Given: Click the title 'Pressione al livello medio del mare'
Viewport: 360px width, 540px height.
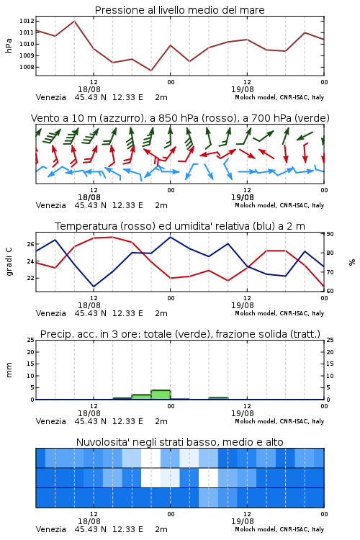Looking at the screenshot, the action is (179, 10).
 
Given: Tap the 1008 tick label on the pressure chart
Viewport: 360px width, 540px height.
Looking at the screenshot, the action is (27, 67).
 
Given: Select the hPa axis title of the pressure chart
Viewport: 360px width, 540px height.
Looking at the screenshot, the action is (9, 45).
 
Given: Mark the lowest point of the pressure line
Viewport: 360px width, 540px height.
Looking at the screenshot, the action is (151, 71).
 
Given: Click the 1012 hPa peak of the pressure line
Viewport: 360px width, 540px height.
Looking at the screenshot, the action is (74, 21).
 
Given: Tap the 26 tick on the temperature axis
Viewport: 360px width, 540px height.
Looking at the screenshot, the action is (30, 244).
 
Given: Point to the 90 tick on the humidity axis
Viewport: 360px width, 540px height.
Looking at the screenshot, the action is (330, 234).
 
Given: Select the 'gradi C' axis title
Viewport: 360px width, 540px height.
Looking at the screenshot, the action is (9, 262).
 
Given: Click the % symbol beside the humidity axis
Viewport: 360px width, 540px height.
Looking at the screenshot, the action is (352, 262).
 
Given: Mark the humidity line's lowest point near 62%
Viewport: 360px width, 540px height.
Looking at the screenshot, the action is (94, 287).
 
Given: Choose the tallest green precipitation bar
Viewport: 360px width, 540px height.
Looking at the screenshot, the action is (161, 395).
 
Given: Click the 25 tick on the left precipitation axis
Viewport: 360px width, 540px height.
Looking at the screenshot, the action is (31, 340).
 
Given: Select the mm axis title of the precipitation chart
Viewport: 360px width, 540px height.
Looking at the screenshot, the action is (9, 370).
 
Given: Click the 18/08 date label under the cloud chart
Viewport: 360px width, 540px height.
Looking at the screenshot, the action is (89, 521).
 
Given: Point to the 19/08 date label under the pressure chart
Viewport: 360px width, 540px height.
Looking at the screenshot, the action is (243, 89).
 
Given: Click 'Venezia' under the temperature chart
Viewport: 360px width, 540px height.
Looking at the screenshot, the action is (50, 313).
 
